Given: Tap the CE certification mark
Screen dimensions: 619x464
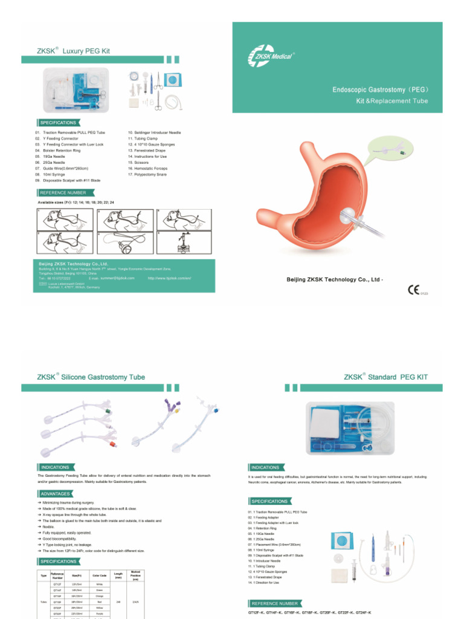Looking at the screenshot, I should coord(413,289).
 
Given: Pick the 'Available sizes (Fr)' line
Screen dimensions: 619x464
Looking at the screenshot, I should coord(76,201).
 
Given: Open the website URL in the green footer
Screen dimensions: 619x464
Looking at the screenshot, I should coord(169,278).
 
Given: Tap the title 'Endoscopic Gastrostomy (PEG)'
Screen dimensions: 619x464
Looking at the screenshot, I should coord(381,90).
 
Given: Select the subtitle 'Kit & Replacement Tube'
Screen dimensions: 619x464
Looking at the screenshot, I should coord(391,101).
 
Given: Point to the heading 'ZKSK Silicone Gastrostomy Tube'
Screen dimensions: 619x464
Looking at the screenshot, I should coord(91,377).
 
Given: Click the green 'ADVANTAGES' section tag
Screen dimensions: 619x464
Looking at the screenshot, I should coord(55,494).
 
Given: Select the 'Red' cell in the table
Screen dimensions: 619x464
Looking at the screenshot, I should coord(100,602).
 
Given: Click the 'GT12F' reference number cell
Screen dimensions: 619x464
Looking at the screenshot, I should coord(57,585).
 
